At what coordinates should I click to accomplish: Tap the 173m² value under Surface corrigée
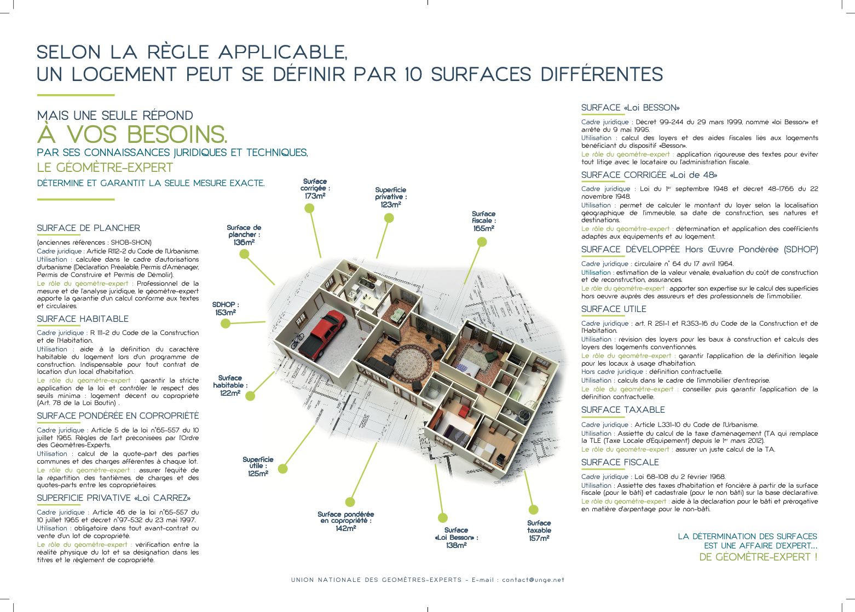[x=315, y=196]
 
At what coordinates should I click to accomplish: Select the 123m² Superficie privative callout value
[x=391, y=204]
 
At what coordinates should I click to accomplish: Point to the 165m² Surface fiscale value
[x=483, y=228]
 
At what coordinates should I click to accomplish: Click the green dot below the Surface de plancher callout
[x=244, y=254]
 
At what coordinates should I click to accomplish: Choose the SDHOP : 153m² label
[x=226, y=308]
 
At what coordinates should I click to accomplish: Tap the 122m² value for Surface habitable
[x=230, y=393]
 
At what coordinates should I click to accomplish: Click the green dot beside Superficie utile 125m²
[x=283, y=469]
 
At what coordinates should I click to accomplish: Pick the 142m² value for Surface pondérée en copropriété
[x=345, y=528]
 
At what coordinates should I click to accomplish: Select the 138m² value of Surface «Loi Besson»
[x=456, y=545]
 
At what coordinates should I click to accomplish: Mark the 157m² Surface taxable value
[x=539, y=538]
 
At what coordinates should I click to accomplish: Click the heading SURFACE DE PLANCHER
[x=88, y=228]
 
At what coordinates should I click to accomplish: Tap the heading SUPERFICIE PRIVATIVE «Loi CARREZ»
[x=113, y=498]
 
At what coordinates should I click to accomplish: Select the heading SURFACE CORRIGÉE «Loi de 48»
[x=649, y=175]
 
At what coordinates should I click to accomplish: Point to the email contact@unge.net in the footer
[x=533, y=580]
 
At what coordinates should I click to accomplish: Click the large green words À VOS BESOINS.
[x=132, y=135]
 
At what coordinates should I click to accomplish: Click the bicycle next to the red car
[x=297, y=340]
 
